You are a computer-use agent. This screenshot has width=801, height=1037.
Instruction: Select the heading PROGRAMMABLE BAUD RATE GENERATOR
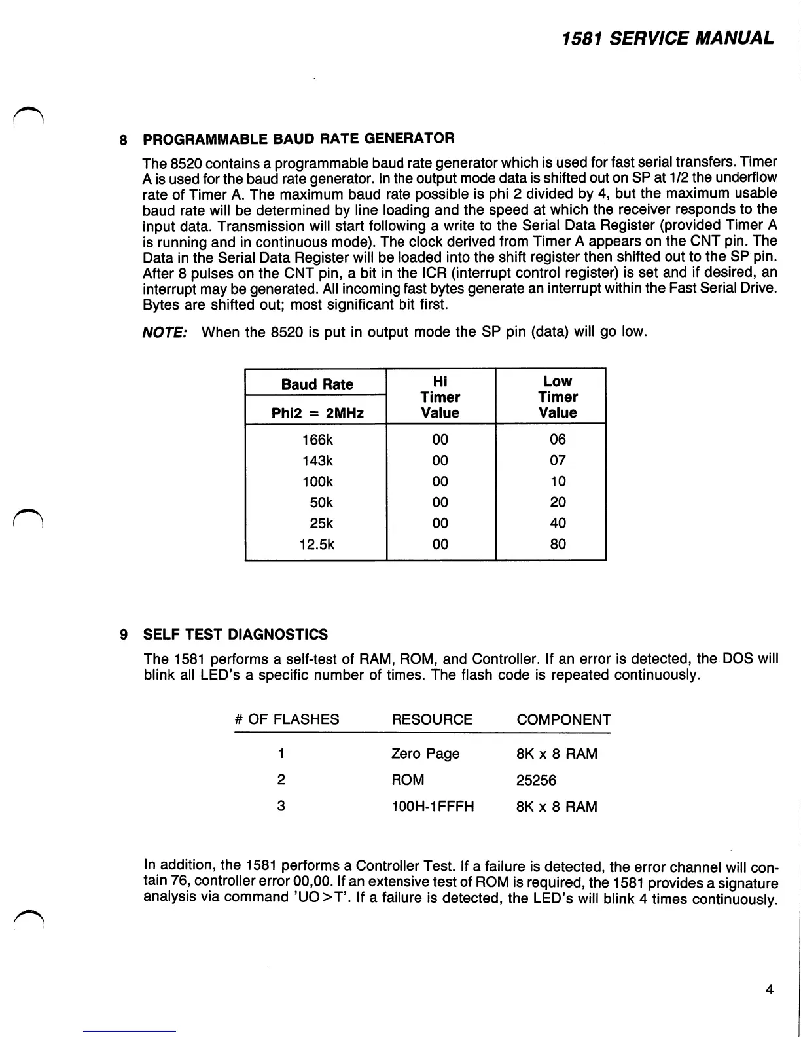click(x=298, y=138)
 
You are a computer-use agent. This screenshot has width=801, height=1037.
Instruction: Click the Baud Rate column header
click(x=317, y=384)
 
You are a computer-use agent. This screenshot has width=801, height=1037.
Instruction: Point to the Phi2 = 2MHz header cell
click(x=317, y=413)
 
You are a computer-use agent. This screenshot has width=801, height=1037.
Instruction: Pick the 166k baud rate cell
click(x=317, y=439)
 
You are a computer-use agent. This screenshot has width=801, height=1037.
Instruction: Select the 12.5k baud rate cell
click(x=317, y=544)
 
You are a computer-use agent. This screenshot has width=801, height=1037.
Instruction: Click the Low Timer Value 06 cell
click(x=558, y=439)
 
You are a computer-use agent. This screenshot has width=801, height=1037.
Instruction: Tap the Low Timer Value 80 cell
click(x=558, y=544)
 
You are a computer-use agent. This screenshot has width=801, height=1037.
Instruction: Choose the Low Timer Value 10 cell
click(x=558, y=481)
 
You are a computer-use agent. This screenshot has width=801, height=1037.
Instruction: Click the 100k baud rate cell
click(x=317, y=481)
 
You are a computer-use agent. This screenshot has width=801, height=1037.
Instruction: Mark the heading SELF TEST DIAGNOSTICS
click(x=235, y=634)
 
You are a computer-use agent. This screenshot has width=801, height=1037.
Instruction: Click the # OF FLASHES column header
click(x=287, y=719)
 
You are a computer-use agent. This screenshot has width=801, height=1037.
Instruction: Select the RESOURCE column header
click(x=432, y=719)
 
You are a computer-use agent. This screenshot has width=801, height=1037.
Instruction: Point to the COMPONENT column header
click(x=563, y=719)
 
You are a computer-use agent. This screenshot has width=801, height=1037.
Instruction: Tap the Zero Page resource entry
click(x=425, y=754)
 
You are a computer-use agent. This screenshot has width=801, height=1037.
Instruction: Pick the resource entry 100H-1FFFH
click(x=433, y=807)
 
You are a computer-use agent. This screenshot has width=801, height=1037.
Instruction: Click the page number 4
click(x=769, y=989)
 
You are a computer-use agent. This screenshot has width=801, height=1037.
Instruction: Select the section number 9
click(x=123, y=634)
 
